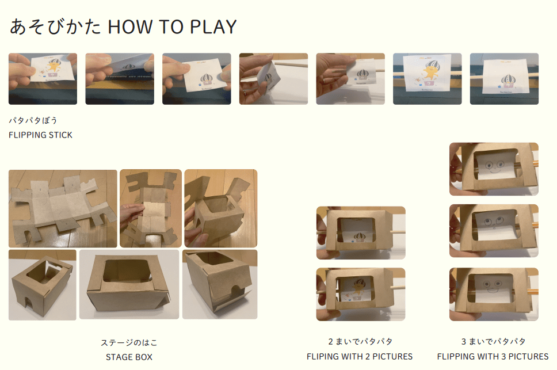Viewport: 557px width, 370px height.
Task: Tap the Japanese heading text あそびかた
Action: tap(55, 26)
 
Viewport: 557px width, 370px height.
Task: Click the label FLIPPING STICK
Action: tap(40, 135)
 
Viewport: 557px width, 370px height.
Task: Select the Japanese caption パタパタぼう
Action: tap(33, 120)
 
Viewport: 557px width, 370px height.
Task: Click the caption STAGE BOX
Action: tap(129, 357)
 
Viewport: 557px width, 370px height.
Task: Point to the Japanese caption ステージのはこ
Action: tap(129, 342)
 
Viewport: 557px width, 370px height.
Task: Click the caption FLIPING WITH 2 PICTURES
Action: tap(360, 357)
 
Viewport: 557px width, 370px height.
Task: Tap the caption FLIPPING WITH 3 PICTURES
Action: tap(493, 357)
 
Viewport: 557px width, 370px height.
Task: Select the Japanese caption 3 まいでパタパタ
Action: tap(493, 342)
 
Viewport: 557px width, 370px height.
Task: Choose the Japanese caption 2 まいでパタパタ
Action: tap(360, 342)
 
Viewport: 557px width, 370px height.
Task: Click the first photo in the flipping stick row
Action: tap(43, 79)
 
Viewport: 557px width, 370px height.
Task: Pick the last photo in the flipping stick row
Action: tap(504, 79)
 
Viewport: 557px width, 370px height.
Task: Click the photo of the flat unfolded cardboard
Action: tap(63, 208)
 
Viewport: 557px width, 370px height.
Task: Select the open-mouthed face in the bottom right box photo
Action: tap(493, 286)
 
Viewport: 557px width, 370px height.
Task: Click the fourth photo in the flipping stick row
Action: tap(273, 79)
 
